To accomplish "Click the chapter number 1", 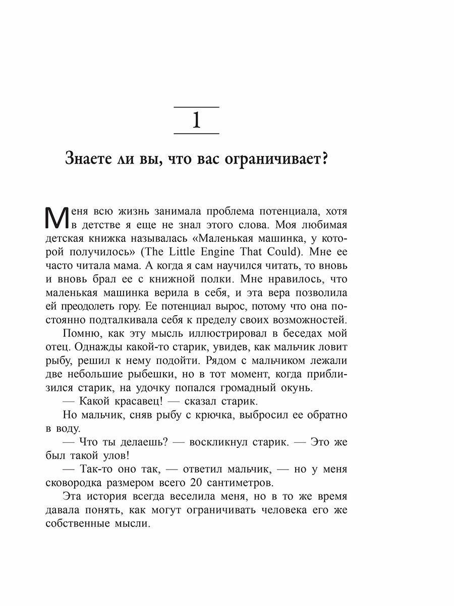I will pos(196,121).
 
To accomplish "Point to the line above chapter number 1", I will pos(196,107).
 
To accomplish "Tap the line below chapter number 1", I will pos(196,133).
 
